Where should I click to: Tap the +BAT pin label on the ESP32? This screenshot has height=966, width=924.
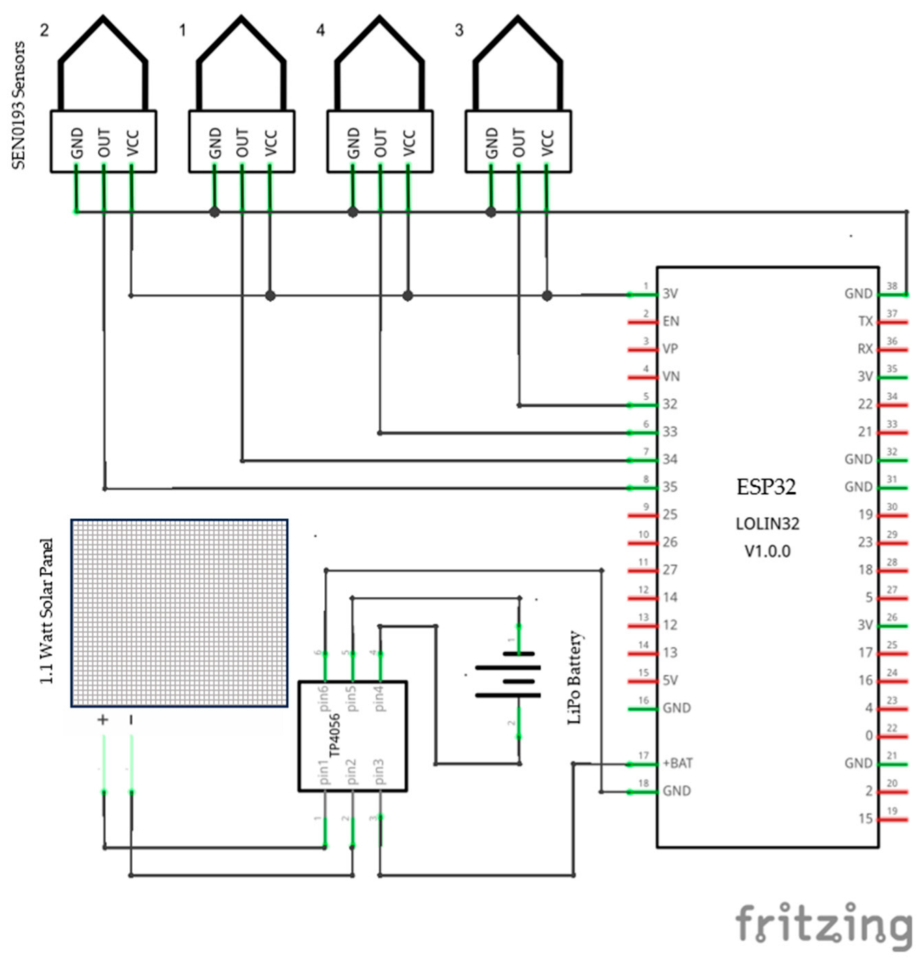(677, 763)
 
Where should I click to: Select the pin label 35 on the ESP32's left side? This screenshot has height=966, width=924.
(670, 487)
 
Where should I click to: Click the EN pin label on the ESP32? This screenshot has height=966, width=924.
(670, 321)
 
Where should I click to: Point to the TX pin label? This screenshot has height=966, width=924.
(865, 321)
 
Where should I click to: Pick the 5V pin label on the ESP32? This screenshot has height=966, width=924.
(670, 680)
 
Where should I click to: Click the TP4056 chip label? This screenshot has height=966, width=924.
(335, 736)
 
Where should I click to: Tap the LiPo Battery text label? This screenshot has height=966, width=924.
(575, 677)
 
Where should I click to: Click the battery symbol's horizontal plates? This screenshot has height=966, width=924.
(508, 681)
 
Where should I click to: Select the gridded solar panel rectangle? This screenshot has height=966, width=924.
(179, 613)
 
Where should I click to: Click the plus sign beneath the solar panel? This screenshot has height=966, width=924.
(103, 719)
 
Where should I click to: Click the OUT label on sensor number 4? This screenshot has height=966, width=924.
(381, 142)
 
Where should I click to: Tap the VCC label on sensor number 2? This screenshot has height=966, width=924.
(133, 142)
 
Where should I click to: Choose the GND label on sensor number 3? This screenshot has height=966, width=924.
(492, 142)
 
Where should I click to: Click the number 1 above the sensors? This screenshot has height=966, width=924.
(182, 30)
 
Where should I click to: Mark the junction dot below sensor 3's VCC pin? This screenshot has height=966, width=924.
(546, 295)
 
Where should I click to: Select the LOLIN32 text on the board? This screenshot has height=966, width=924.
(767, 524)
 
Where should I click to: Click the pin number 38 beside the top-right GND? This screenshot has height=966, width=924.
(892, 286)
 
